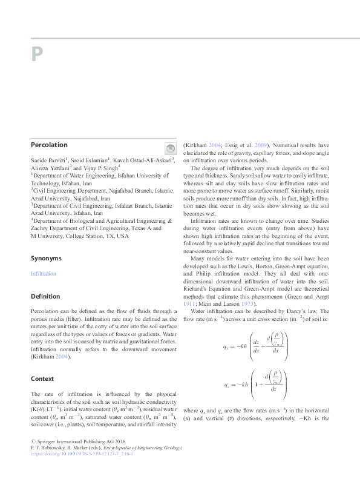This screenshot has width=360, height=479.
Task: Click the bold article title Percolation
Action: [49, 145]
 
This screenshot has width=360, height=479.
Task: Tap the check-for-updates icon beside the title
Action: [169, 148]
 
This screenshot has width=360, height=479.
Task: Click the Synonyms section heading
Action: [46, 258]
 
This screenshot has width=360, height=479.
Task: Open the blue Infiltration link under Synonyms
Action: [43, 274]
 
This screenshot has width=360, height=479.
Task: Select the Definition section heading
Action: [45, 297]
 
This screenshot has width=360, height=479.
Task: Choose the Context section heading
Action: [42, 379]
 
